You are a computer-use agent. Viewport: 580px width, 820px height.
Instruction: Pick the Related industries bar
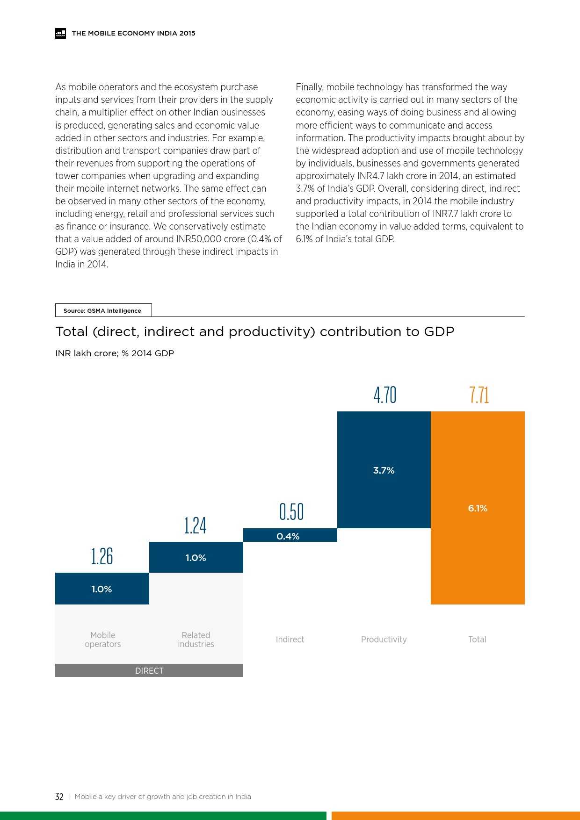(196, 557)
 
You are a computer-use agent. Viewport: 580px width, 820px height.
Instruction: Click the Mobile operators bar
(102, 589)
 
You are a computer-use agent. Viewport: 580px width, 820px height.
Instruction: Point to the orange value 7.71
(479, 396)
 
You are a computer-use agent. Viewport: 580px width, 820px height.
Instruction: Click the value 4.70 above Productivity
(384, 396)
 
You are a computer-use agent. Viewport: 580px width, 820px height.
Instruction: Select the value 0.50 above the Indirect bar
(291, 512)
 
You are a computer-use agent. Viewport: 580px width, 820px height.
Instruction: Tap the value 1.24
(195, 526)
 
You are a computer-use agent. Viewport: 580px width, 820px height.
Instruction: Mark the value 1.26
(102, 557)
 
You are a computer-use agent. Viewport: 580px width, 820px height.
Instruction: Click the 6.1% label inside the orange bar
(478, 508)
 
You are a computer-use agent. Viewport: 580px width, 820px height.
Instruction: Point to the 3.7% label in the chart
(384, 470)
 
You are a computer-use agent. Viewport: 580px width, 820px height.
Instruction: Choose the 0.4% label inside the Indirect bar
(288, 536)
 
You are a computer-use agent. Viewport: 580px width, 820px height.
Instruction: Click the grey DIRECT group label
(149, 670)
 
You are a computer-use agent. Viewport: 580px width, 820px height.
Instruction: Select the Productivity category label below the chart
(384, 639)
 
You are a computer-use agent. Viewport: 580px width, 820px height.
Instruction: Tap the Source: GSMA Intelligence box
(103, 310)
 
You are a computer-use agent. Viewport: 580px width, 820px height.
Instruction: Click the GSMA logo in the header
(60, 33)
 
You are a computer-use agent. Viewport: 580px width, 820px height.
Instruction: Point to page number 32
(59, 797)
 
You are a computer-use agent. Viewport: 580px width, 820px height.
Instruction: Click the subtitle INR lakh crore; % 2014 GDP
(115, 353)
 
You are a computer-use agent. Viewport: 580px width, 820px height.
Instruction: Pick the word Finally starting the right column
(310, 87)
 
